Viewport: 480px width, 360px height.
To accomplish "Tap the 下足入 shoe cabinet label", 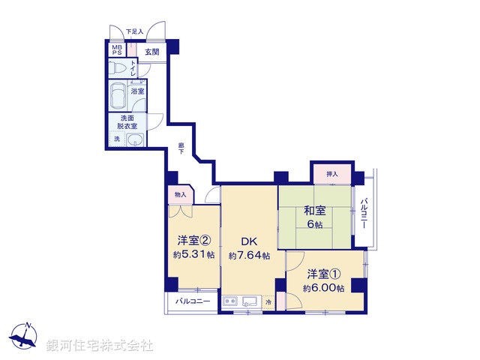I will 133,31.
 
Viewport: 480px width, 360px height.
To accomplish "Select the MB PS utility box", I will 116,51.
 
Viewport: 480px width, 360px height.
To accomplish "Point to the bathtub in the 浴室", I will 118,96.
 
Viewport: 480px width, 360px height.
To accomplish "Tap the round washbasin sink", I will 135,141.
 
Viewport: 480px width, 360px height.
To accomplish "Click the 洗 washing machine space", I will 116,139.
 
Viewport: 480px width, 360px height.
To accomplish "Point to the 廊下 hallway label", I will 181,148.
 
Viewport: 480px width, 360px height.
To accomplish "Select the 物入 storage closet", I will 180,195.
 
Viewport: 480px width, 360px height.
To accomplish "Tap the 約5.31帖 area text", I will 193,255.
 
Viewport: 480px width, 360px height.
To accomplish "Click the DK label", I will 249,241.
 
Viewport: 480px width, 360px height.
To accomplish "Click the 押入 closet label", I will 332,175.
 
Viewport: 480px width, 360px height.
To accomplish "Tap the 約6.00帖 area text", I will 324,288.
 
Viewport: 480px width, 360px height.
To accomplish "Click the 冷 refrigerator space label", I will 269,301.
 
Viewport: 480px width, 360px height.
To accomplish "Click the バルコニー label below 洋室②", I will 193,301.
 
